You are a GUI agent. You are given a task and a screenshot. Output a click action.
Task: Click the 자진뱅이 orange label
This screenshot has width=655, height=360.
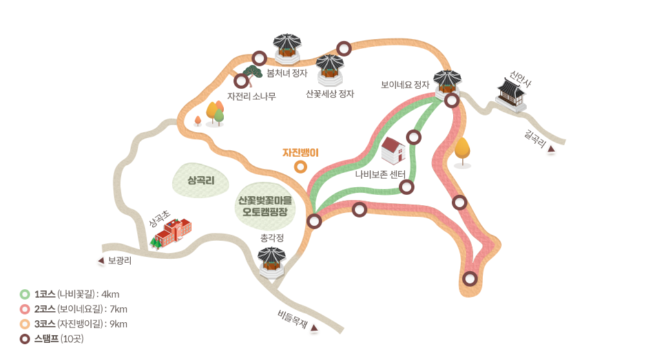coord(301,153)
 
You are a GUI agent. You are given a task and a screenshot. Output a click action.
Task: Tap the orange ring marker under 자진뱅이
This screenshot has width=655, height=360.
coord(300,167)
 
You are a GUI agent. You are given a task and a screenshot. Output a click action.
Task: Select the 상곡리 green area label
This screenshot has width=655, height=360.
coord(200,179)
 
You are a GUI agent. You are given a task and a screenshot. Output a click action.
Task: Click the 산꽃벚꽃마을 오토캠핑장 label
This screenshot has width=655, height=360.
coord(265,206)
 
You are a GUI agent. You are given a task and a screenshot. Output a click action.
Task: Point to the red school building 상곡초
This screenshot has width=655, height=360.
coord(172,232)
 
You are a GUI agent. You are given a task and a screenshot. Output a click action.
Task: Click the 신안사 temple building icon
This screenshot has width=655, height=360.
coord(511,94)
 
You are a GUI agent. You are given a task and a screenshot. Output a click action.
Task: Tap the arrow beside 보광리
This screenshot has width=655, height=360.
coord(100,261)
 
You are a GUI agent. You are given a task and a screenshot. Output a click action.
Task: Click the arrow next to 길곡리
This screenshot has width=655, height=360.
coord(551,150)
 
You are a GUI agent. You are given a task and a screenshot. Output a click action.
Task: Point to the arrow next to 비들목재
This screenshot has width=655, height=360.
coord(314,328)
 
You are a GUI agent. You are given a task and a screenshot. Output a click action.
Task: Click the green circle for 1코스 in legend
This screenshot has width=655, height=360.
coord(25,294)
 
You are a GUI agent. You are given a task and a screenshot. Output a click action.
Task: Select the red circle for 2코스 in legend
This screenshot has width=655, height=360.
coord(25,309)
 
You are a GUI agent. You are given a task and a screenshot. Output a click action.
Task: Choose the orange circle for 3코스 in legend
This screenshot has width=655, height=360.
coord(25,324)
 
